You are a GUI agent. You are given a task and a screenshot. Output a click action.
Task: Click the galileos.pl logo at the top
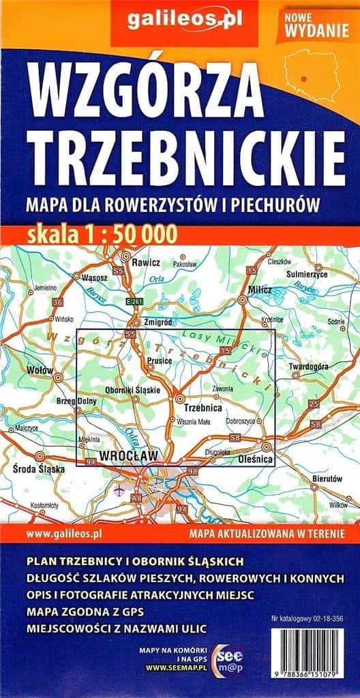(180, 25)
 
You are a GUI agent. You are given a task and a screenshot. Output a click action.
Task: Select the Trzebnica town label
(203, 408)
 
